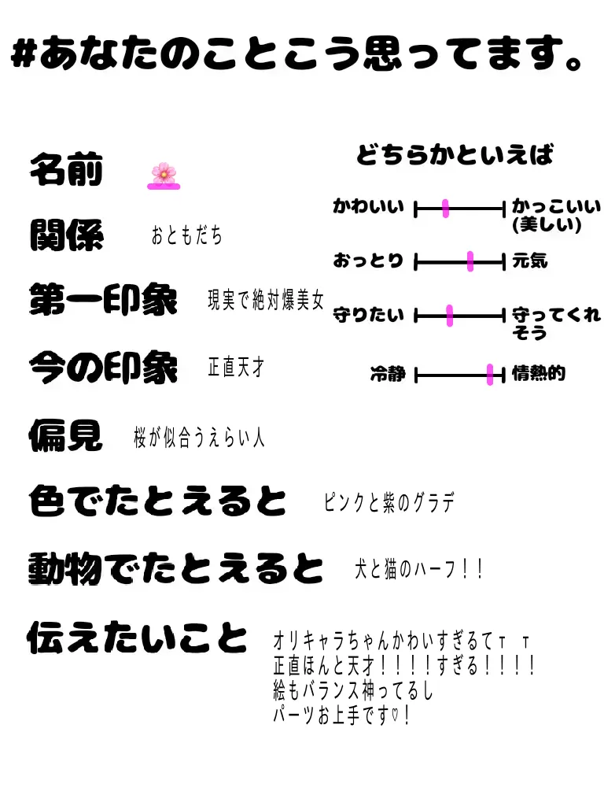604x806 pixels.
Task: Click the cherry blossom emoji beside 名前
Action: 164,174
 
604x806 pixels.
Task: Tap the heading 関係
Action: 66,235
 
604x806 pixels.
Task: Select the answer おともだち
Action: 187,235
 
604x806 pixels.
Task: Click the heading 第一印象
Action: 103,301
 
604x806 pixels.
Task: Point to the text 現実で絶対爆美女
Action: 266,301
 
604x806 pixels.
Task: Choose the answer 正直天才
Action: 236,367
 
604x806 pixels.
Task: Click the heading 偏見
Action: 66,434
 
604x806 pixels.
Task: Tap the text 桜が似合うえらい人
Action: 199,438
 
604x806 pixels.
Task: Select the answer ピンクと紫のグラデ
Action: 389,503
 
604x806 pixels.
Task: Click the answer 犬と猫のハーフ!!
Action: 419,569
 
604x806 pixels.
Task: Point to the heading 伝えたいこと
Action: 138,638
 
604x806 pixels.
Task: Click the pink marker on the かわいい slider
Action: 445,209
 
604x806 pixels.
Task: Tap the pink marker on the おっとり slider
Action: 470,261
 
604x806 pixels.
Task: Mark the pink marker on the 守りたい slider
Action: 450,316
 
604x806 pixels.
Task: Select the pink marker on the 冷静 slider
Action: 490,375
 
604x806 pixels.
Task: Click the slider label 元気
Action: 530,261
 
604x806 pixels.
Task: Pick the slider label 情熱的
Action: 539,374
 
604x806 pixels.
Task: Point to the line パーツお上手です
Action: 341,717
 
